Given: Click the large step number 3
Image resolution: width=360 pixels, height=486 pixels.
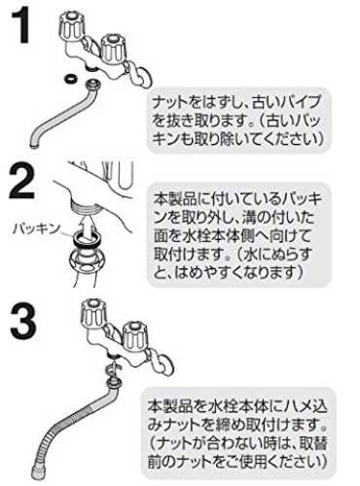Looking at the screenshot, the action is point(22,322).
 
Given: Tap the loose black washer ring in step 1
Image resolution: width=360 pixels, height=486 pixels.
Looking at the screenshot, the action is point(70,78).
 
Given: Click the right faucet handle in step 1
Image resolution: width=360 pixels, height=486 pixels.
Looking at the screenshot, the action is point(112,49).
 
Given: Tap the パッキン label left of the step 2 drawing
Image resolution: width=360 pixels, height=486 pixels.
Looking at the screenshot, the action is point(36,228).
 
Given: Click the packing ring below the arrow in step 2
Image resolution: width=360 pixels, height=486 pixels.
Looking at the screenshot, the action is point(87,238).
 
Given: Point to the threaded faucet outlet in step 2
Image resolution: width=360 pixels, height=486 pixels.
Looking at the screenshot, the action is point(85,206).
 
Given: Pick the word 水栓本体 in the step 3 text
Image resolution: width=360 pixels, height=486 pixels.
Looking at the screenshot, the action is point(234,405).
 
